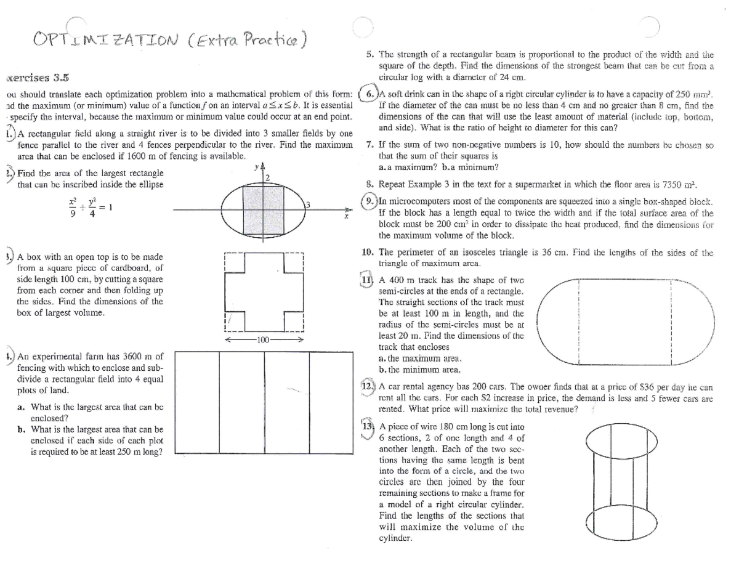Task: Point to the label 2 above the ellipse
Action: point(268,177)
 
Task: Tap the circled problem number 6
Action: point(368,94)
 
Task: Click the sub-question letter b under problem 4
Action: point(22,430)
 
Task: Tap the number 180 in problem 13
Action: point(438,427)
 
